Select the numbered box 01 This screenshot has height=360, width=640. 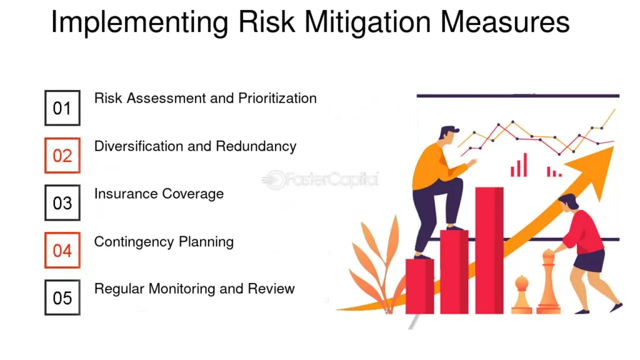(62, 108)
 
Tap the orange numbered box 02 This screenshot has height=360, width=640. (62, 156)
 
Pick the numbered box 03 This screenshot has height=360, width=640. (62, 203)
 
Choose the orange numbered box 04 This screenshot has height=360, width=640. (62, 251)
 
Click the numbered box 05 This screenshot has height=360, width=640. (62, 297)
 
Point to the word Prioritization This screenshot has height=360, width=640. (277, 99)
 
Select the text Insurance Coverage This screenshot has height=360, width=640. (159, 194)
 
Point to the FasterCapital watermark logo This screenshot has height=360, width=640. (321, 180)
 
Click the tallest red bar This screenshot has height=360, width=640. (489, 250)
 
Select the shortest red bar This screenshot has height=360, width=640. (419, 286)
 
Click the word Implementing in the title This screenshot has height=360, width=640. (139, 23)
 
